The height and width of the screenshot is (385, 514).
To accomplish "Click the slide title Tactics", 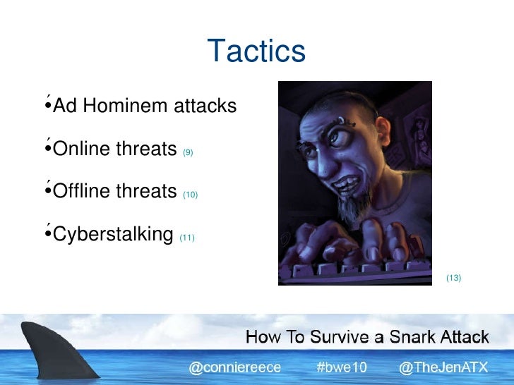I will (x=256, y=51).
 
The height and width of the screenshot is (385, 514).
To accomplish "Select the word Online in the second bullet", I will (x=81, y=149).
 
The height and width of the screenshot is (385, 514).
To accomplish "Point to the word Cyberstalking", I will (x=113, y=234).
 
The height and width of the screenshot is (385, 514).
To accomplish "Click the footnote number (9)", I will (x=188, y=152).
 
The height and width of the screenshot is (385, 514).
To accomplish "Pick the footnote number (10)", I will (x=190, y=194).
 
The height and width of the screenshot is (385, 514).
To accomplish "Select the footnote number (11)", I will (x=186, y=238).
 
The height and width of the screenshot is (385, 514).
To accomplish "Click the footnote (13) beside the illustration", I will (x=453, y=278).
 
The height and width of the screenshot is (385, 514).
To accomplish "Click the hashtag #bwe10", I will (x=342, y=367).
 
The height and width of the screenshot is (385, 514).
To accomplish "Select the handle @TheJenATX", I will (x=443, y=367).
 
